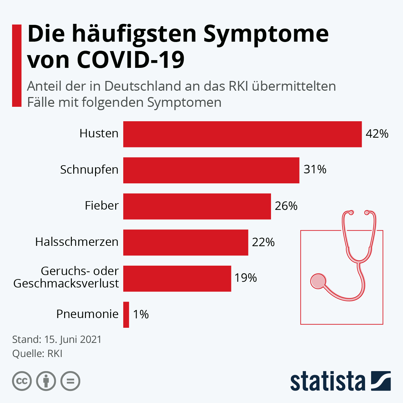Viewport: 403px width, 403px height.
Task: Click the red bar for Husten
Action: pos(242,134)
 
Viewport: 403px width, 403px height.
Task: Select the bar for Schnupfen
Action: pos(211,170)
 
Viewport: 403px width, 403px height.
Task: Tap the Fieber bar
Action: pos(197,206)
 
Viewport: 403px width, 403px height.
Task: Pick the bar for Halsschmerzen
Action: pos(185,242)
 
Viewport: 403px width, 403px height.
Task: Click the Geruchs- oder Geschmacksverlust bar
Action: pos(177,278)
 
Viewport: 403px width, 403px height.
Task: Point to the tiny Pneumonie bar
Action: pos(126,315)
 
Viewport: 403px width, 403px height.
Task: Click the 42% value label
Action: pos(377,134)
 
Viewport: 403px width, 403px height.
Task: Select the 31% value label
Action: pos(315,170)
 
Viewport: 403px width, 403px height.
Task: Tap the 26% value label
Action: pos(286,206)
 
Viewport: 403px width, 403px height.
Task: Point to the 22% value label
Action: pos(263,242)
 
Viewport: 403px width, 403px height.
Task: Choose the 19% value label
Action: pos(245,278)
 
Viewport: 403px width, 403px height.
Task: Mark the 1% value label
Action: pos(141,314)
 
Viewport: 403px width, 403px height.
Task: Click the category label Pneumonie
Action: pos(87,314)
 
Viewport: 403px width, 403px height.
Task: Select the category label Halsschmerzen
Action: pos(77,242)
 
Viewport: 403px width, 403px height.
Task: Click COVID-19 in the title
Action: pos(131,59)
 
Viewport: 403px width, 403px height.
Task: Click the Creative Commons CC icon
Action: pos(22,381)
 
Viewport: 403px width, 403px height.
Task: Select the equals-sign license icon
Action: pos(70,381)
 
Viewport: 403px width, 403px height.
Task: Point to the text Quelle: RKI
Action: pos(37,354)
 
